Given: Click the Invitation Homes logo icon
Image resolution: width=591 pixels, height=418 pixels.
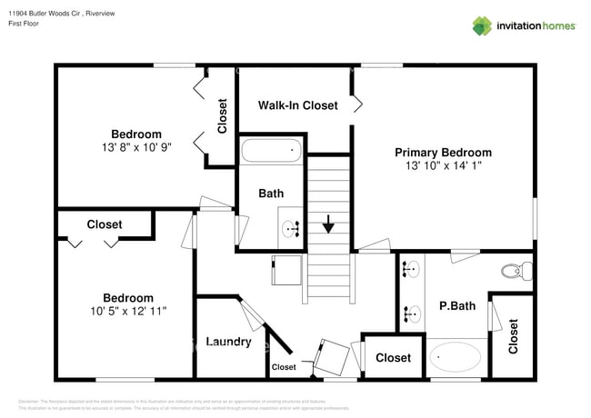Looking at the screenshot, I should [x=482, y=25].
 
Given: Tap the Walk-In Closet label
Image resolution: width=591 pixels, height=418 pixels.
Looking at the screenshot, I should [x=297, y=105].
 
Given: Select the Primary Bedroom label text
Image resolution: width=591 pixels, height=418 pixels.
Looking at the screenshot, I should [x=443, y=153].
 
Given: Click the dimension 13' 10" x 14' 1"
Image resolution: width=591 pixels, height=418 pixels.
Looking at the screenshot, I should [x=443, y=166].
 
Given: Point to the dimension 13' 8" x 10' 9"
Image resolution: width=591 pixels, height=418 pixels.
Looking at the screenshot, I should [x=136, y=148].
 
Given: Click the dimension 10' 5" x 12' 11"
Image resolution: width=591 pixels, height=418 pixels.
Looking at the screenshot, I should [x=127, y=311].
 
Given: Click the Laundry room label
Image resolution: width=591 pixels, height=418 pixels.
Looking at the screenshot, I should [x=228, y=342].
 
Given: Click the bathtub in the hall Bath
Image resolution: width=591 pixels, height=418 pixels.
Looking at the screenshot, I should [x=270, y=150].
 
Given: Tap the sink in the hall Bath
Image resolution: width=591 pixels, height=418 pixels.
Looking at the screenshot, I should [x=292, y=229].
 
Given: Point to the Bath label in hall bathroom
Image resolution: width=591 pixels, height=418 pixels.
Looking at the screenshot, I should [x=271, y=194].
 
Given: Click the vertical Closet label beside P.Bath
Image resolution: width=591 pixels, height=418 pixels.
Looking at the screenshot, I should [x=513, y=335].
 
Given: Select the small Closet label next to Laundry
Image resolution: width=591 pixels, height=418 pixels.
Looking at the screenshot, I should [x=284, y=367].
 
